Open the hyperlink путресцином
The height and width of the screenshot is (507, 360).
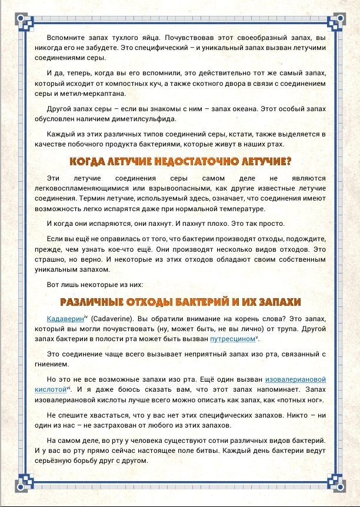pyautogui.click(x=232, y=339)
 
